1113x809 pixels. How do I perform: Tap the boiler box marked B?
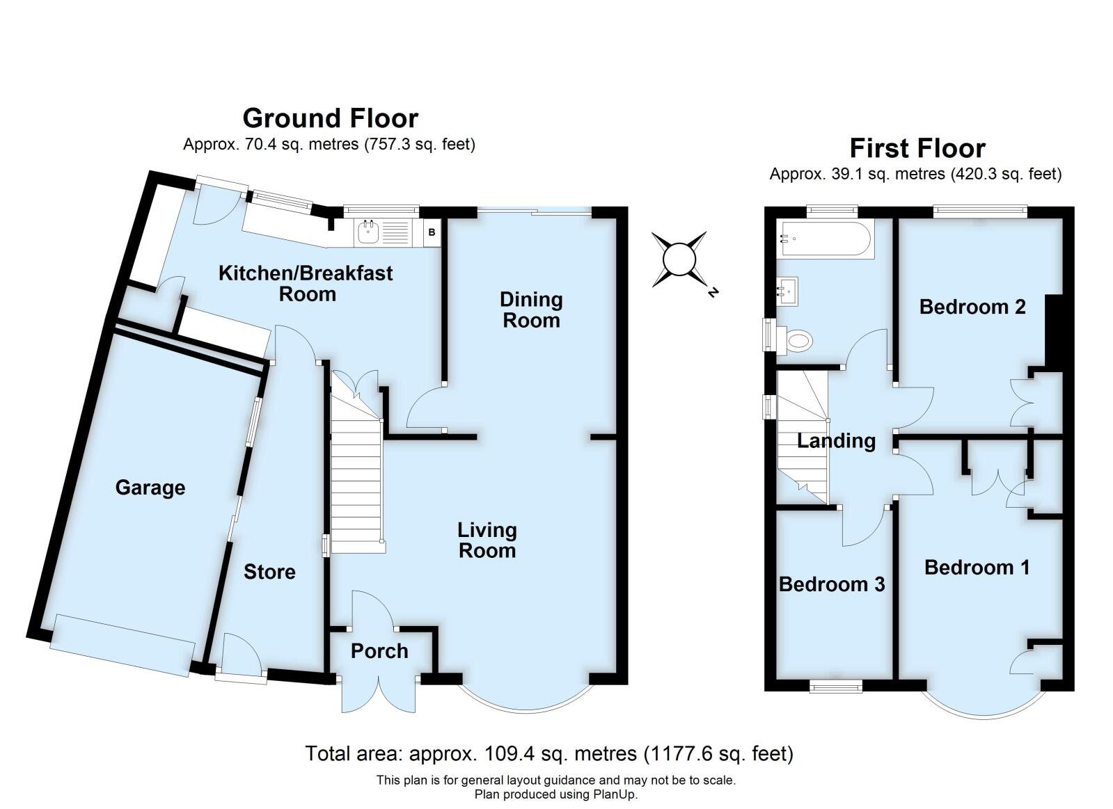[432, 232]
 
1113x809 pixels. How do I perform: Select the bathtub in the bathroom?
[824, 239]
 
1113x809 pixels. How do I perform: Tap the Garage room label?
[150, 488]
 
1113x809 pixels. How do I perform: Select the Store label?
[269, 572]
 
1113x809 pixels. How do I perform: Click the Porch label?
[379, 651]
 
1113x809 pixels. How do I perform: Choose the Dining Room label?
[531, 310]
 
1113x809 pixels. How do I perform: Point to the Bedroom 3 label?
[832, 584]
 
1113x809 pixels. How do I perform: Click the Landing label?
[836, 440]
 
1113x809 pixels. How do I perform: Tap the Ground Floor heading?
[330, 118]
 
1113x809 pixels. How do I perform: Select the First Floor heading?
[917, 148]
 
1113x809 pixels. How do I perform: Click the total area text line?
[549, 753]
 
